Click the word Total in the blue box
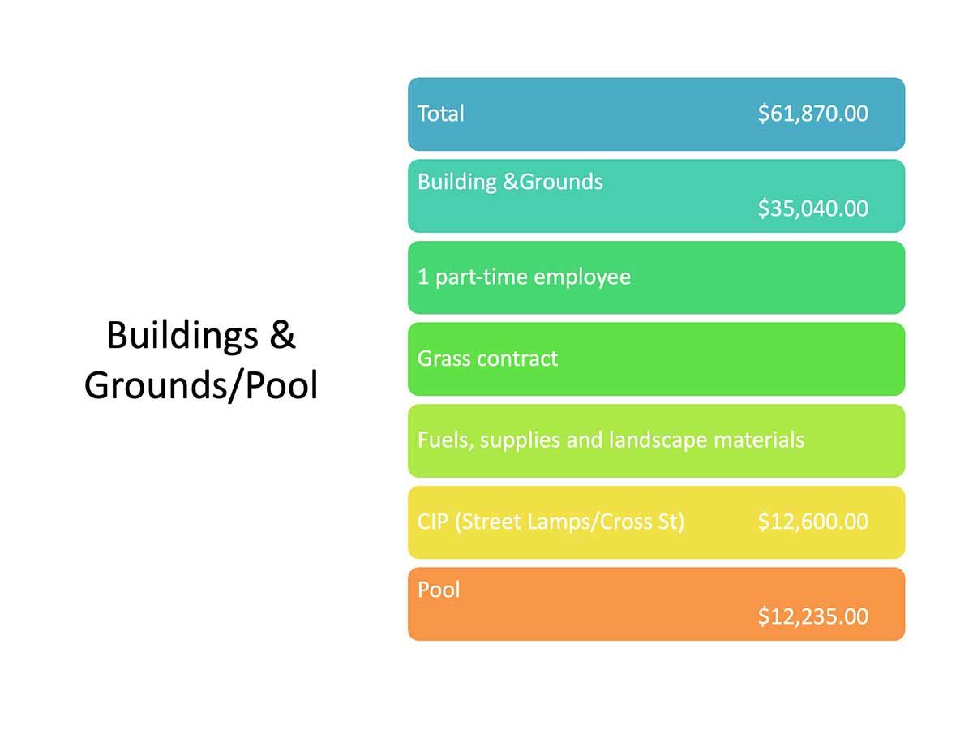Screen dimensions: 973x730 (x=440, y=114)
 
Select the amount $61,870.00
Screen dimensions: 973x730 (x=813, y=114)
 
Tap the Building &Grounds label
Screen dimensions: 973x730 (x=510, y=182)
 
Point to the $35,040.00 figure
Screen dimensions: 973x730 (x=813, y=208)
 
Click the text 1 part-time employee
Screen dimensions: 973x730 (x=524, y=277)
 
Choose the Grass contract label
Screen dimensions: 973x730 (x=487, y=359)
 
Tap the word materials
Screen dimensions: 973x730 (x=759, y=440)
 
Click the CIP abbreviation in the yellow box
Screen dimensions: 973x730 (x=433, y=522)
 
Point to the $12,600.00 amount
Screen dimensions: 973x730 (x=813, y=522)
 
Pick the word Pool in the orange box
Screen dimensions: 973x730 (x=439, y=590)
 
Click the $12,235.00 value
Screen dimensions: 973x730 (x=813, y=616)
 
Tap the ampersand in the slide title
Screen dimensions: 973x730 (x=282, y=335)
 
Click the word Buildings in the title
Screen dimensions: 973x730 (x=182, y=337)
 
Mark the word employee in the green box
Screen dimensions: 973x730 (x=582, y=278)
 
